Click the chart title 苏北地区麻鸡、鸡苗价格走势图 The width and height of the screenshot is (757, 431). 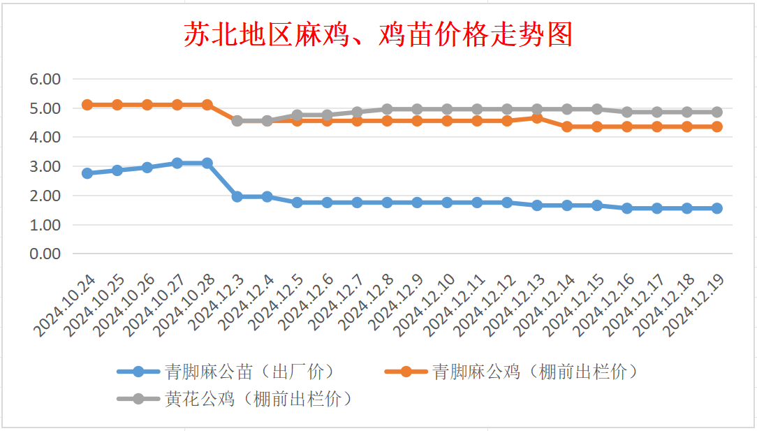[378, 34]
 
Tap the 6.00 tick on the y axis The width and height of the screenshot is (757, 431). [45, 79]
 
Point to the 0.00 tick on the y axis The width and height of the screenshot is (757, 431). [45, 254]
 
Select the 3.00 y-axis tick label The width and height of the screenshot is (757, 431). [45, 167]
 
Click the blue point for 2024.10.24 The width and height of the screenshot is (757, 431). [87, 173]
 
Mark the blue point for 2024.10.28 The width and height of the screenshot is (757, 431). [207, 163]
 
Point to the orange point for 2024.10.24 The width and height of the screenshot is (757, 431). [87, 105]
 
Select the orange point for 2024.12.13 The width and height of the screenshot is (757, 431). [536, 118]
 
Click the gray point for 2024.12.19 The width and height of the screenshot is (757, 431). [716, 112]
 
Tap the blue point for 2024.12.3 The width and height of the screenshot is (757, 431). [237, 197]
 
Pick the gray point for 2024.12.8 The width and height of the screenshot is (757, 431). [387, 109]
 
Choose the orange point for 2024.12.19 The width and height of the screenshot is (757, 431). [716, 126]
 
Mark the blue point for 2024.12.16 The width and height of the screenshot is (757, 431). [626, 208]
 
